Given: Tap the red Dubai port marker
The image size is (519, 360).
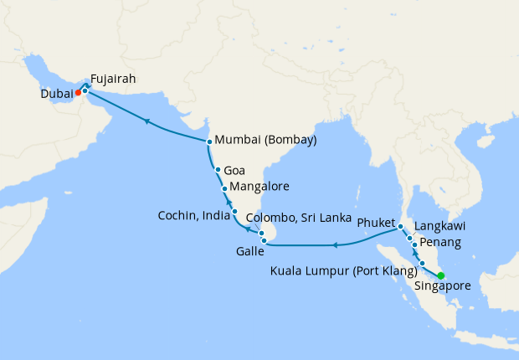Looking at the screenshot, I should click(x=78, y=94).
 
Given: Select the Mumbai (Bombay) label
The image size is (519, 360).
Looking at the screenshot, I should click(x=265, y=141).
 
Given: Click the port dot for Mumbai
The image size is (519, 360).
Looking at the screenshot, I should click(x=208, y=141).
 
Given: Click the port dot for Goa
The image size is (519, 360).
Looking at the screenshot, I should click(x=218, y=170).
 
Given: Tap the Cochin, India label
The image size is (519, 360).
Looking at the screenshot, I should click(x=192, y=216).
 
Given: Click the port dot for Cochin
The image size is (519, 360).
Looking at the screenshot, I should click(x=234, y=211).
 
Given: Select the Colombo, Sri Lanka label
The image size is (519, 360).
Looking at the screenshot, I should click(x=299, y=218).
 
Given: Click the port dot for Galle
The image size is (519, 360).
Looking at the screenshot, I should click(x=265, y=244).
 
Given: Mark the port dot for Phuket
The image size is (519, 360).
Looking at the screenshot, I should click(x=401, y=228).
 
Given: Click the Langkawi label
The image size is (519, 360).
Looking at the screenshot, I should click(x=439, y=226).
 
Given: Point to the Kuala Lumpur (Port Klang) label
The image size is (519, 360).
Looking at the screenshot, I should click(x=344, y=270).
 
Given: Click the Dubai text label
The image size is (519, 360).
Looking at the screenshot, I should click(x=56, y=95).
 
